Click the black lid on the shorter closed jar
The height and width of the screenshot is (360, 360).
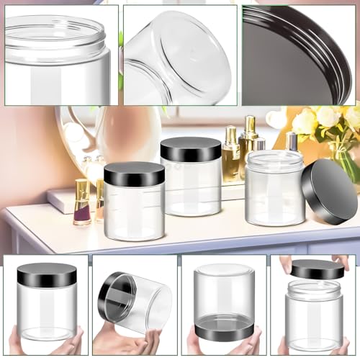coord(134,174)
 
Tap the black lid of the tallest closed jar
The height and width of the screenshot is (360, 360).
coord(190,149)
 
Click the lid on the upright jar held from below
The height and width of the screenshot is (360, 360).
coord(47,274)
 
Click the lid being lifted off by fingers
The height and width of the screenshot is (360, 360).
coord(316,269)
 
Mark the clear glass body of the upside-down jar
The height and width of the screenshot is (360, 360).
coord(225,292)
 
